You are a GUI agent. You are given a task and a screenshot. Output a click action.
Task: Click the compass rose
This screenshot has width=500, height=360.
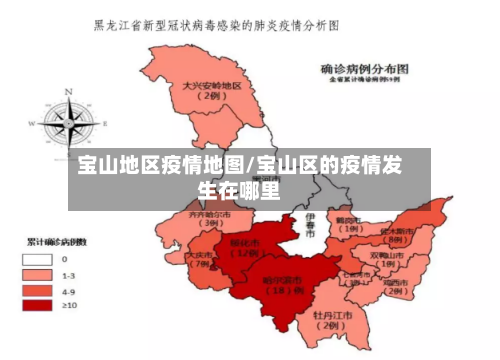(x=71, y=118)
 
